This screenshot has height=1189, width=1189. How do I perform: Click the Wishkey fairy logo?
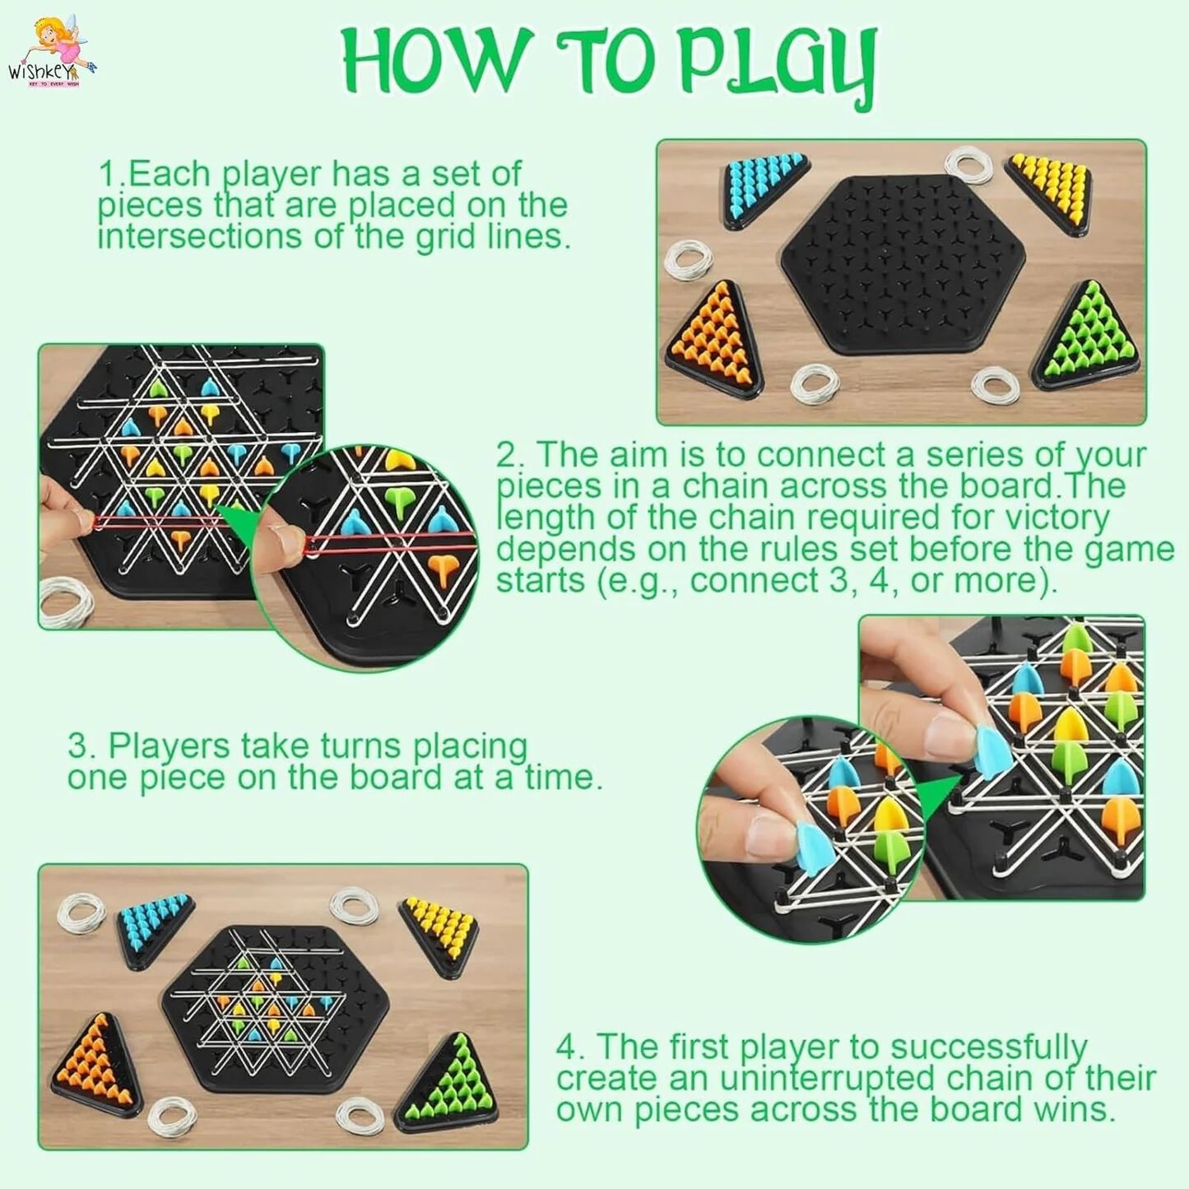52,53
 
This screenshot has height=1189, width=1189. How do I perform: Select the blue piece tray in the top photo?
766,188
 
